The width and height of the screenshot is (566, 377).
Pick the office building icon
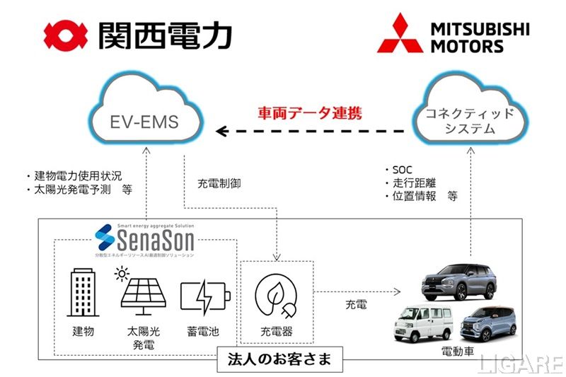click(82, 291)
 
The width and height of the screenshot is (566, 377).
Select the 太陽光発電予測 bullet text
click(78, 190)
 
